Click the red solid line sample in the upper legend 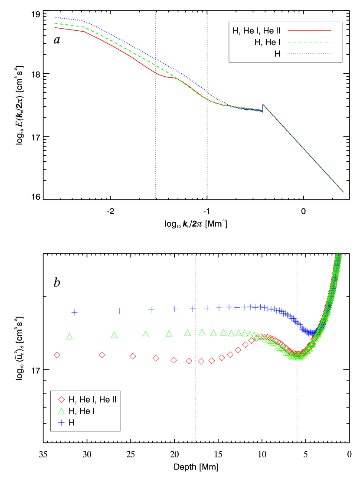click(309, 31)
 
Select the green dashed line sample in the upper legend click(309, 42)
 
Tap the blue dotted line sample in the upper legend click(309, 54)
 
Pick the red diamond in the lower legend click(61, 399)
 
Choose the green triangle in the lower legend click(61, 411)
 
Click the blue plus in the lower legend click(61, 422)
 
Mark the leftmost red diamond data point click(57, 355)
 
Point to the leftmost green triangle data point click(69, 336)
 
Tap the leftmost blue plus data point click(74, 312)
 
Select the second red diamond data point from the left click(102, 355)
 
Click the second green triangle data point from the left click(114, 335)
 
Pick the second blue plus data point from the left click(119, 311)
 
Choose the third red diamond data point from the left click(133, 356)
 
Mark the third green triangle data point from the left click(146, 334)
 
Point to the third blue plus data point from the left click(151, 310)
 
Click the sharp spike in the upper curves click(263, 104)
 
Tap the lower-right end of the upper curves click(343, 191)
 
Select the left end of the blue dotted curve click(55, 17)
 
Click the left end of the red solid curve click(55, 28)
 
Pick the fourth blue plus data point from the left click(174, 309)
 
